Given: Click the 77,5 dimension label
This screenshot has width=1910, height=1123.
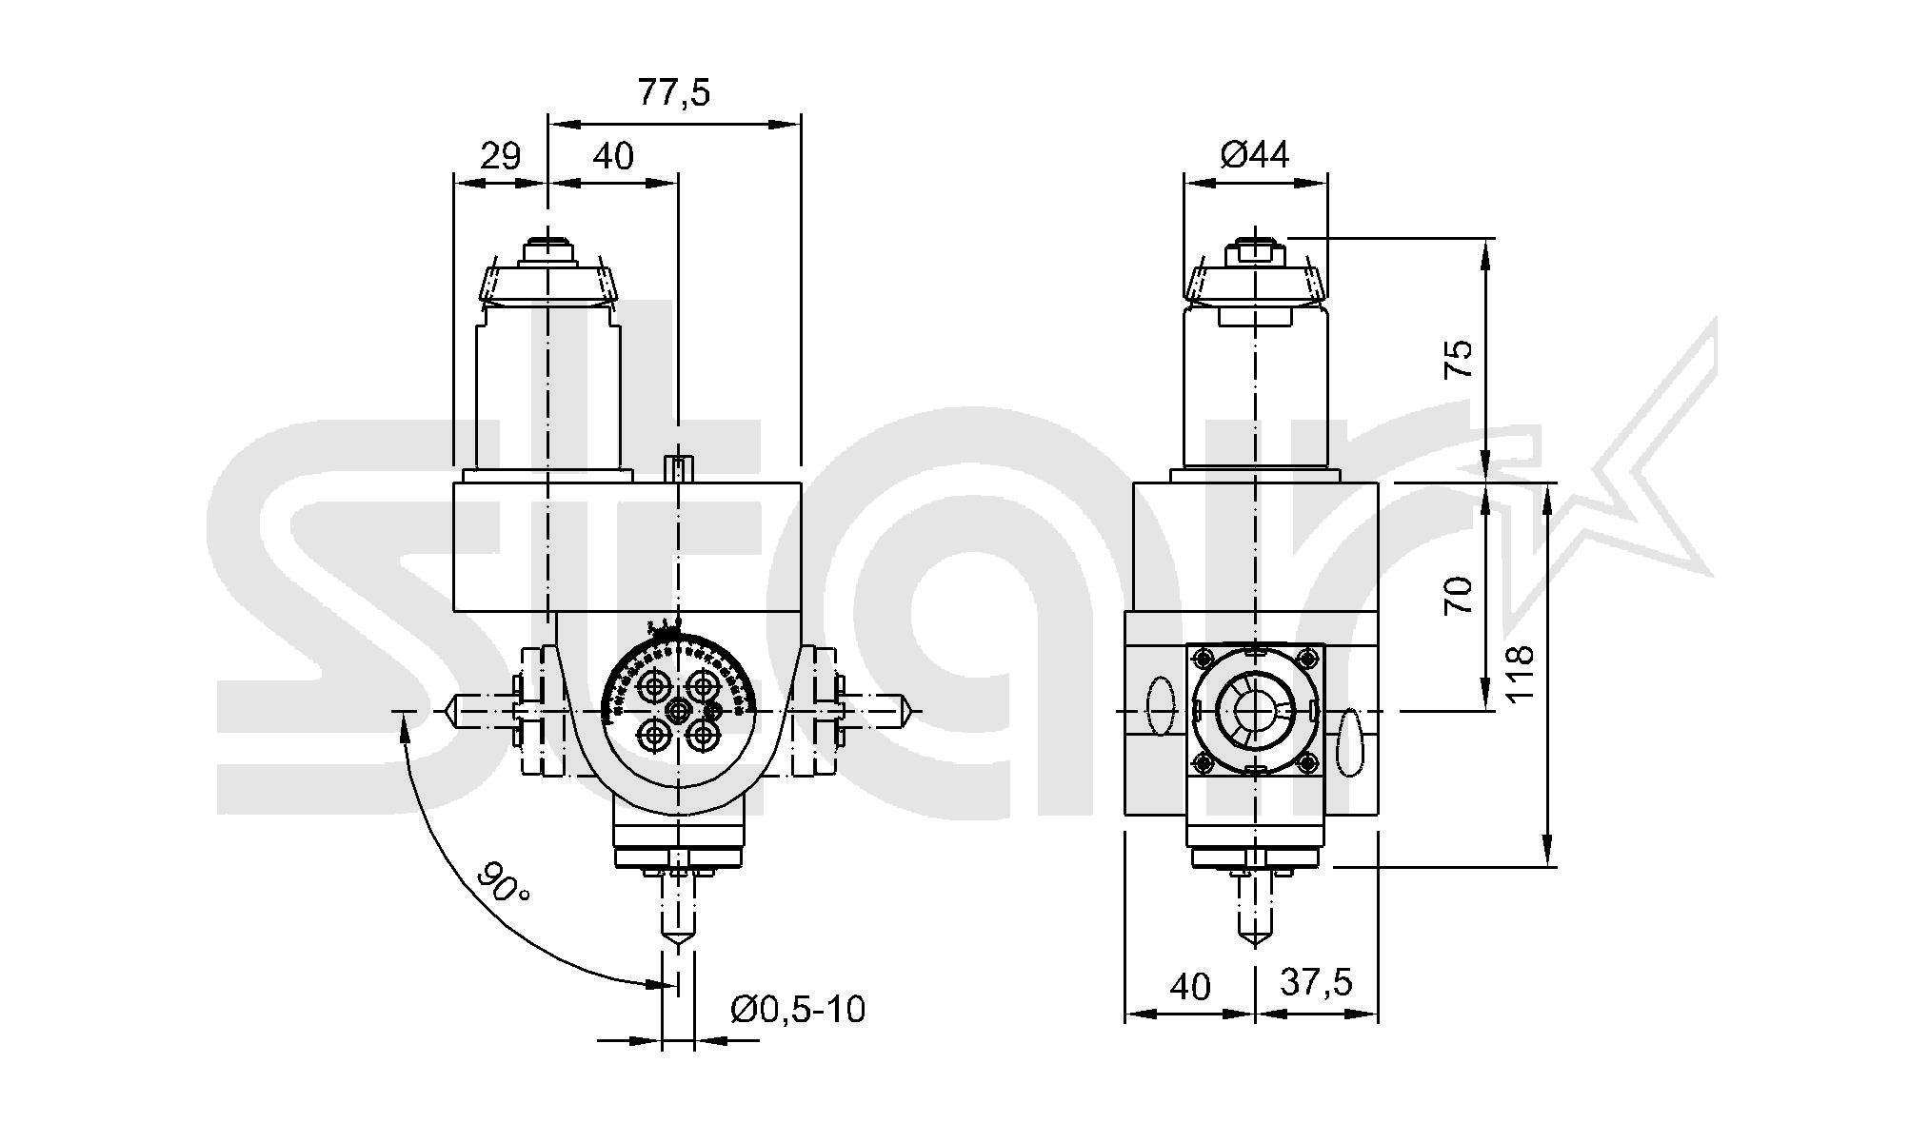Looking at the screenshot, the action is pyautogui.click(x=674, y=93).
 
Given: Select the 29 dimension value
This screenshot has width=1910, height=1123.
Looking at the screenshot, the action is pyautogui.click(x=500, y=155).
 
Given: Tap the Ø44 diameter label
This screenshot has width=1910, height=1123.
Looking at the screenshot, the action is pyautogui.click(x=1255, y=154).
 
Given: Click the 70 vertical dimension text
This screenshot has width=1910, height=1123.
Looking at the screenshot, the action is pyautogui.click(x=1460, y=596).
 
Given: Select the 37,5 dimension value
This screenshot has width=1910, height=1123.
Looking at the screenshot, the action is pyautogui.click(x=1316, y=982).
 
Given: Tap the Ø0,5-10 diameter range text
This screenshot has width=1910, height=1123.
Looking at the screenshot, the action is pyautogui.click(x=798, y=1009).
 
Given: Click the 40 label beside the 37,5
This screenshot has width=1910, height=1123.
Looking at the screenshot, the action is pyautogui.click(x=1190, y=986).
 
